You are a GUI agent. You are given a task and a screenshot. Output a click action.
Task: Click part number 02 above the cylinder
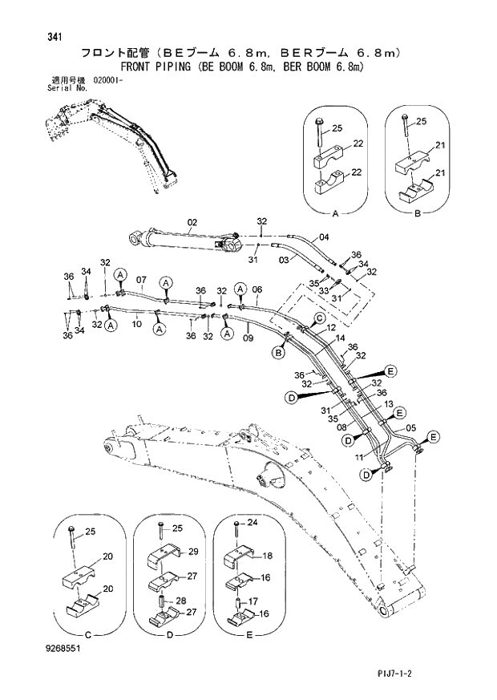(x=192, y=221)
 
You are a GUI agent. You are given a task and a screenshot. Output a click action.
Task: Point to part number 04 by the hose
(x=324, y=237)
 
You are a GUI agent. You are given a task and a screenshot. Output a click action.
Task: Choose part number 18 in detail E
(x=268, y=554)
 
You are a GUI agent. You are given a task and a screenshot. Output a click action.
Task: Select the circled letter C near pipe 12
(x=319, y=319)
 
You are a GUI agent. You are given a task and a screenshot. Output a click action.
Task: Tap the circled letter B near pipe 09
(x=279, y=353)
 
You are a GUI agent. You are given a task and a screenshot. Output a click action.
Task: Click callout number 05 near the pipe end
(x=411, y=427)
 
